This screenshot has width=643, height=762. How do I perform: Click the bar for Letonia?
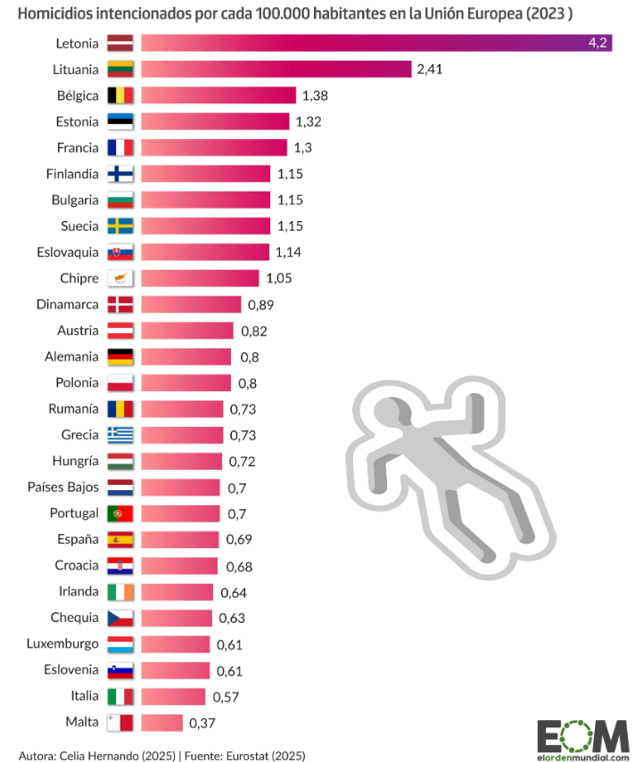tap(375, 43)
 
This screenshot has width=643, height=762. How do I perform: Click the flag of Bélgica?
tap(120, 95)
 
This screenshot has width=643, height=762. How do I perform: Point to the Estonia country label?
tap(76, 121)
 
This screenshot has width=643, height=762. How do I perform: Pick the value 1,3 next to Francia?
tap(304, 147)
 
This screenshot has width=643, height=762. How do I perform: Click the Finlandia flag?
tap(120, 174)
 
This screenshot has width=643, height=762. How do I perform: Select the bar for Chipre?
tap(200, 278)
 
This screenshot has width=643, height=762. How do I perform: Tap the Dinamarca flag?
tap(120, 305)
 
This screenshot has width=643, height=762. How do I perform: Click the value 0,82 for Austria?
tap(254, 331)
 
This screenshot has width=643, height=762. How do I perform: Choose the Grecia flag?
tap(120, 435)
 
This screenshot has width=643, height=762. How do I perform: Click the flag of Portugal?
tap(120, 513)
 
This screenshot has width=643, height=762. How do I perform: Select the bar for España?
tap(179, 540)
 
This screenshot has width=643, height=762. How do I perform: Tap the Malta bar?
tap(161, 723)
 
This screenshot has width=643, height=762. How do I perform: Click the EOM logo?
tap(582, 735)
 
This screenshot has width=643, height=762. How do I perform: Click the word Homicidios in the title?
tap(54, 14)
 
